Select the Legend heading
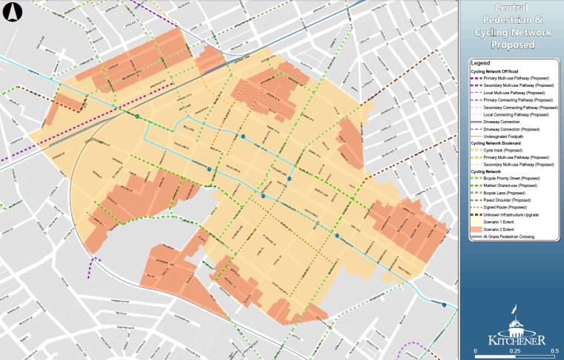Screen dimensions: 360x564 coord(481,65)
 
